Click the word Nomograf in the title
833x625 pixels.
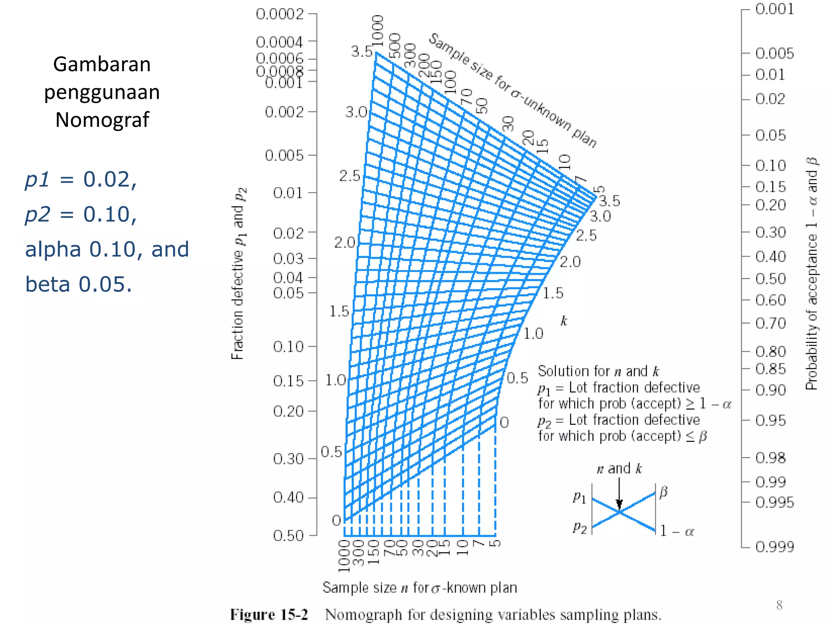click(x=102, y=120)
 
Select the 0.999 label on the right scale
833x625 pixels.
click(x=774, y=547)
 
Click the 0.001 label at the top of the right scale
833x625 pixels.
click(x=774, y=9)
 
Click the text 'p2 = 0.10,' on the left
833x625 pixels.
click(x=81, y=214)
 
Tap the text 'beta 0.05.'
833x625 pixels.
click(x=79, y=284)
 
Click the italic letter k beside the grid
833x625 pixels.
click(x=564, y=321)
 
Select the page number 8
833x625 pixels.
click(x=779, y=605)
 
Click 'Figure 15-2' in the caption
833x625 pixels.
click(x=269, y=614)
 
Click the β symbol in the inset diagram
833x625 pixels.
click(x=663, y=492)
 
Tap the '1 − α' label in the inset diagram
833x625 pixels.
click(x=677, y=531)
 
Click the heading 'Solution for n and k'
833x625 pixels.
click(x=598, y=371)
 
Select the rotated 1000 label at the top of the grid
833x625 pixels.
click(x=378, y=31)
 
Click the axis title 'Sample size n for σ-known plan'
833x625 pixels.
click(x=420, y=588)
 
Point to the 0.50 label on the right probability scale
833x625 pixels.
click(x=770, y=279)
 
